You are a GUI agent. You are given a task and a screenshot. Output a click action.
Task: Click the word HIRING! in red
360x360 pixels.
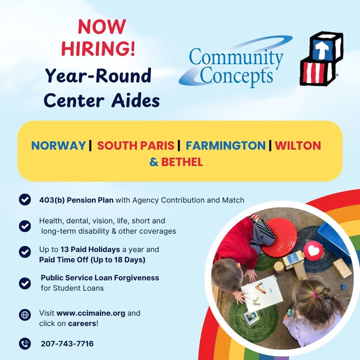(98, 48)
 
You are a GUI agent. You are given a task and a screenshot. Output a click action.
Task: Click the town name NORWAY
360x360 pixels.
(58, 145)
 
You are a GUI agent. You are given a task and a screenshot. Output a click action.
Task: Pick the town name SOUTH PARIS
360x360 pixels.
(135, 145)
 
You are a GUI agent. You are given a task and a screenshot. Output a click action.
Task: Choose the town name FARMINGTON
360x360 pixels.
(225, 145)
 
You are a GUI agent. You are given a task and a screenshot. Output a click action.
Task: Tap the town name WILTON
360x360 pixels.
(298, 145)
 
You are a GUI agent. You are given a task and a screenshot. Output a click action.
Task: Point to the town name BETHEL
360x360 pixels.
(182, 162)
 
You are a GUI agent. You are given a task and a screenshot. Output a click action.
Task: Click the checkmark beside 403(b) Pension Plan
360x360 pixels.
(25, 199)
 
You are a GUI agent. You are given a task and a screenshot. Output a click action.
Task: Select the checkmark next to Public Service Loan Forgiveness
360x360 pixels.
(25, 283)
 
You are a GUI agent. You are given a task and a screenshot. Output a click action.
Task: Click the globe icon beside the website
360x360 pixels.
(25, 314)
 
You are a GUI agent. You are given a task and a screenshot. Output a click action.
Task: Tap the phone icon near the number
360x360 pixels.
(25, 343)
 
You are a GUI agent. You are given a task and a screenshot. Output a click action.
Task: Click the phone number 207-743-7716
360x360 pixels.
(67, 343)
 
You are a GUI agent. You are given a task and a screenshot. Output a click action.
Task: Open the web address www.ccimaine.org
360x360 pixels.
(91, 313)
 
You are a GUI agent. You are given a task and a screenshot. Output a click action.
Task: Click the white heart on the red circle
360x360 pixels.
(313, 251)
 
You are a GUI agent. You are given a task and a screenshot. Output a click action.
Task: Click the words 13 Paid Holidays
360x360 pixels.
(90, 249)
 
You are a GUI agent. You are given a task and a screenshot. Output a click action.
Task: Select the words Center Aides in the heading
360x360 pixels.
(101, 100)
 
